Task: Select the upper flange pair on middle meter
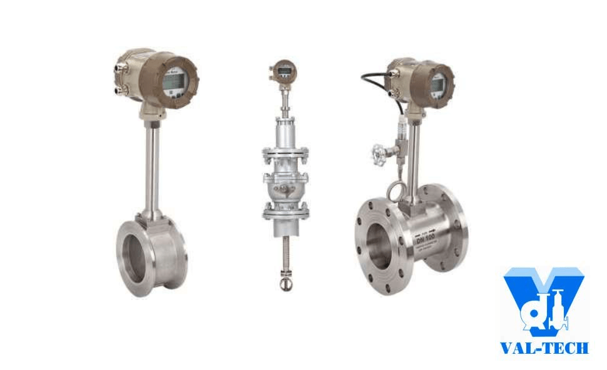285,154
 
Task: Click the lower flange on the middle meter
285,211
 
